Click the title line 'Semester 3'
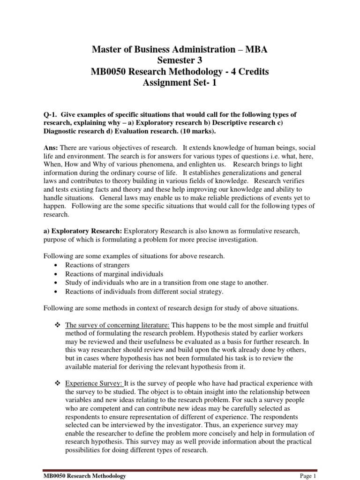click(x=180, y=60)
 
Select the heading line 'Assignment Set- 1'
click(x=180, y=83)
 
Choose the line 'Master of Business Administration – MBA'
click(x=180, y=49)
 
